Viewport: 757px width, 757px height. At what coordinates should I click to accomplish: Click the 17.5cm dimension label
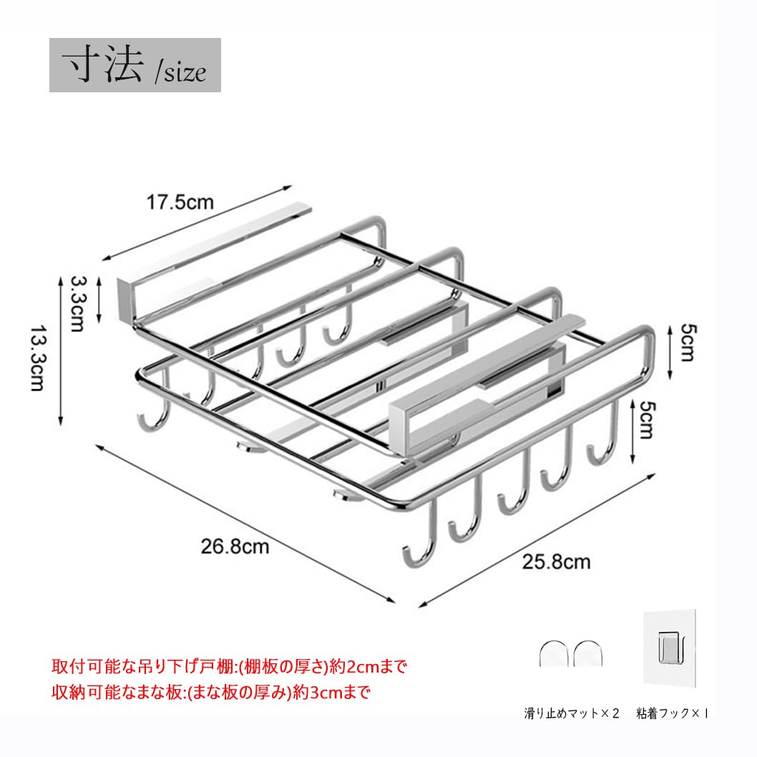click(180, 202)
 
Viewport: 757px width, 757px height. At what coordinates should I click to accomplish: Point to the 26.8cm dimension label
click(235, 547)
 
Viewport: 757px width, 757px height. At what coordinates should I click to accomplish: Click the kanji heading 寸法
click(102, 65)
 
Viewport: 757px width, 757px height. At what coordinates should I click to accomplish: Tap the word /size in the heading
click(181, 72)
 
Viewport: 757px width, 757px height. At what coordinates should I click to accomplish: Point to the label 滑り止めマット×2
click(570, 713)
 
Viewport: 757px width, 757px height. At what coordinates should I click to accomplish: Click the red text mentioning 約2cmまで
click(229, 668)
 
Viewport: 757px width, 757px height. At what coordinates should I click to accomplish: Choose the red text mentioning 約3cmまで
click(212, 692)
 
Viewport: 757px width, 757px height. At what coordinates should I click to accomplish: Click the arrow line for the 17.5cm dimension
click(197, 223)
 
